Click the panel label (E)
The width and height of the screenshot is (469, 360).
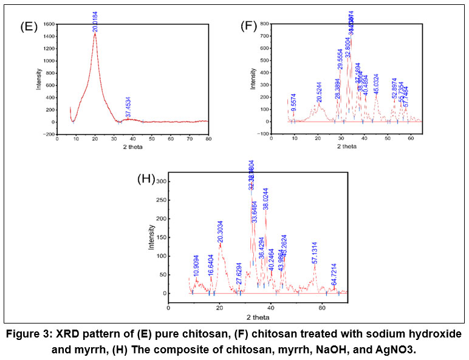30,27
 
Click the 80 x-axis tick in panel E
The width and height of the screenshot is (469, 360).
208,138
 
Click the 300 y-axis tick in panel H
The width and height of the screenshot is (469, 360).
160,181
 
